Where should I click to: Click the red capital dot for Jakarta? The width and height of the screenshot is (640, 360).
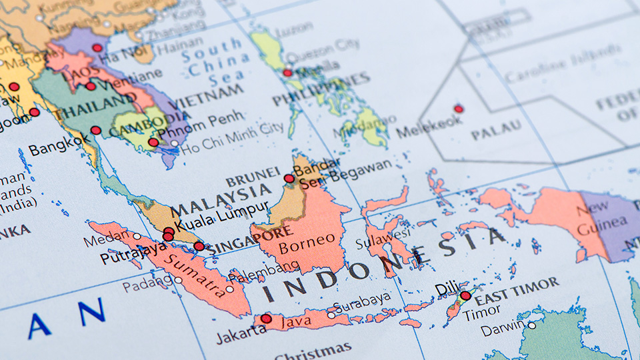[266, 319]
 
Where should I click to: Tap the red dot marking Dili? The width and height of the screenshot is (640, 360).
[465, 296]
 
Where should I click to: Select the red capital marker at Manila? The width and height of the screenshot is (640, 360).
[287, 73]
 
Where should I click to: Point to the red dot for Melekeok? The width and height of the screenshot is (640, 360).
[458, 109]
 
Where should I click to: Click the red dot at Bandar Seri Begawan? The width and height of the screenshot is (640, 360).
[289, 178]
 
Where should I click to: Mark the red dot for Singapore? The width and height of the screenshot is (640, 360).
[199, 246]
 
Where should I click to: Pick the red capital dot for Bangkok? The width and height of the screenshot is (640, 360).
[96, 130]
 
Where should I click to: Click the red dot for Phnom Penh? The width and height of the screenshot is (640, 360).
[153, 142]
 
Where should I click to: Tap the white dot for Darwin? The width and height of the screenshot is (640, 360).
[531, 325]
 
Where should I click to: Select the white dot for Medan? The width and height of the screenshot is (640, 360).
[137, 235]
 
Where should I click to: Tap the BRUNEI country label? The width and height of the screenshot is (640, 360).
[252, 177]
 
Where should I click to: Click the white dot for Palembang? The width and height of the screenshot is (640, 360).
[230, 289]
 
